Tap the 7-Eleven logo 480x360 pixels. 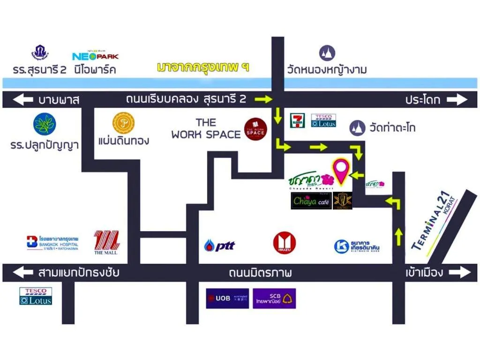[x=297, y=120]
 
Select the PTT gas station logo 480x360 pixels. [x=219, y=245]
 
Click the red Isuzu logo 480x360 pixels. [x=285, y=244]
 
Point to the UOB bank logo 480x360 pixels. [x=227, y=299]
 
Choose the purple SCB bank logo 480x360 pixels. [x=275, y=299]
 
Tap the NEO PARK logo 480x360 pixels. [x=95, y=55]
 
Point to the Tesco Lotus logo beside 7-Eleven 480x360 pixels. [x=323, y=120]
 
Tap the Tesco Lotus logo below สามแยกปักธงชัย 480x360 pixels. [x=36, y=296]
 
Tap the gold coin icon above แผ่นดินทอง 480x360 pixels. [x=123, y=123]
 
